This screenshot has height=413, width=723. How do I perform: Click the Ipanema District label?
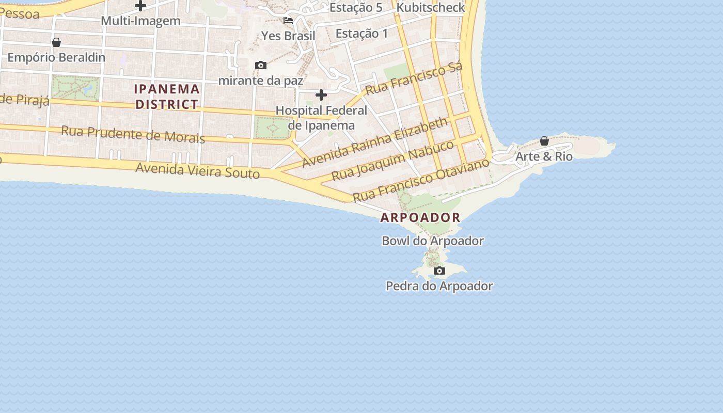[x=166, y=97]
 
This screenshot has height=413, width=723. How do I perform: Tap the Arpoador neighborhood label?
[x=420, y=217]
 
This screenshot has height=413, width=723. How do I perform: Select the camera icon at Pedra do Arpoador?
[x=439, y=271]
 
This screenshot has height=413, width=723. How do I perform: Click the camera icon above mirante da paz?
[x=261, y=65]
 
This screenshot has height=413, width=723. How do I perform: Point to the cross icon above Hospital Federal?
[x=321, y=95]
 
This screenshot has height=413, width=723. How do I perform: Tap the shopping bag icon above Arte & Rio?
[x=544, y=141]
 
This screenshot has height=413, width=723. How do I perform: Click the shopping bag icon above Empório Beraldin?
[x=56, y=42]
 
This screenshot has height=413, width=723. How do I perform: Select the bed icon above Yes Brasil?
[x=288, y=21]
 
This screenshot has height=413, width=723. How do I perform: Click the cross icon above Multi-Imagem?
[x=140, y=6]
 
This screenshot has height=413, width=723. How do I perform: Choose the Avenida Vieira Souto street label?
[x=197, y=170]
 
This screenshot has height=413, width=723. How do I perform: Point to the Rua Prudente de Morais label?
[x=133, y=134]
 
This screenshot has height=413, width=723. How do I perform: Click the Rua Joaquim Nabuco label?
[x=392, y=160]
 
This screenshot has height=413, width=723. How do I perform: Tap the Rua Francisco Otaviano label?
[x=421, y=180]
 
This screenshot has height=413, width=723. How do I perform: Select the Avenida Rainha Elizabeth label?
[x=375, y=142]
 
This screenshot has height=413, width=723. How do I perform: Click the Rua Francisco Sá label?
[x=413, y=80]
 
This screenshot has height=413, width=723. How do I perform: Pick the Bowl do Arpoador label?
[x=433, y=241]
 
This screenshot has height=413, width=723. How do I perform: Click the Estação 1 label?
[x=361, y=34]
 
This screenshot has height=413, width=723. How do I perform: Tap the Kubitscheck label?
[x=431, y=8]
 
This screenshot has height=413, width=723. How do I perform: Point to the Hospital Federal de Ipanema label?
[x=321, y=118]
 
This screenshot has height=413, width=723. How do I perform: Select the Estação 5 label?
[x=356, y=8]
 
